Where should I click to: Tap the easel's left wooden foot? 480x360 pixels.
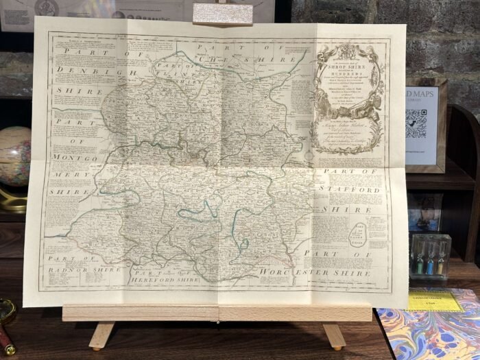[x=100, y=335]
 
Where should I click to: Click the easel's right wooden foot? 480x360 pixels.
[x=333, y=335]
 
